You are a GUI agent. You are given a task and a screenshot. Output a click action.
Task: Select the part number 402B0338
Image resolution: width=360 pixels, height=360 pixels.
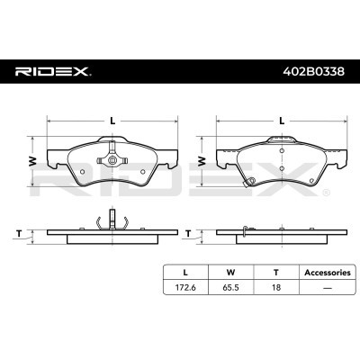pos(313,71)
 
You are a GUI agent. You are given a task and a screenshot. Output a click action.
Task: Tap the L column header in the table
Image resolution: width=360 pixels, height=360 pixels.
pos(185,273)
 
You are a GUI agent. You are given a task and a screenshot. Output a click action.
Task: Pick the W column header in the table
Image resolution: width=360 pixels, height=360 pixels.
pos(230,273)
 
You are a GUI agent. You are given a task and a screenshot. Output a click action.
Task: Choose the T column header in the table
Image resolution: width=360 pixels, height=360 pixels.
pos(276,273)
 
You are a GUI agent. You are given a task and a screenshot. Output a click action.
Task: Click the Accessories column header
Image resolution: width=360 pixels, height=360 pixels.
pos(328,273)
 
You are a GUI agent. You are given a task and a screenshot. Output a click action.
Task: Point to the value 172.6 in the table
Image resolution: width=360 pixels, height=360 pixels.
pos(185,287)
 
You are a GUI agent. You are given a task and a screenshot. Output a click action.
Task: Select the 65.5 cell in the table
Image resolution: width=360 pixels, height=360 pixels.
pos(230,287)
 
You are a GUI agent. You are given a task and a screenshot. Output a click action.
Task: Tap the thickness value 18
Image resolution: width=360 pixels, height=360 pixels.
pos(276,287)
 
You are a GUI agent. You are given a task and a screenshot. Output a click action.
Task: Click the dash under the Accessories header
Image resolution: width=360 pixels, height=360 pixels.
pos(328,288)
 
